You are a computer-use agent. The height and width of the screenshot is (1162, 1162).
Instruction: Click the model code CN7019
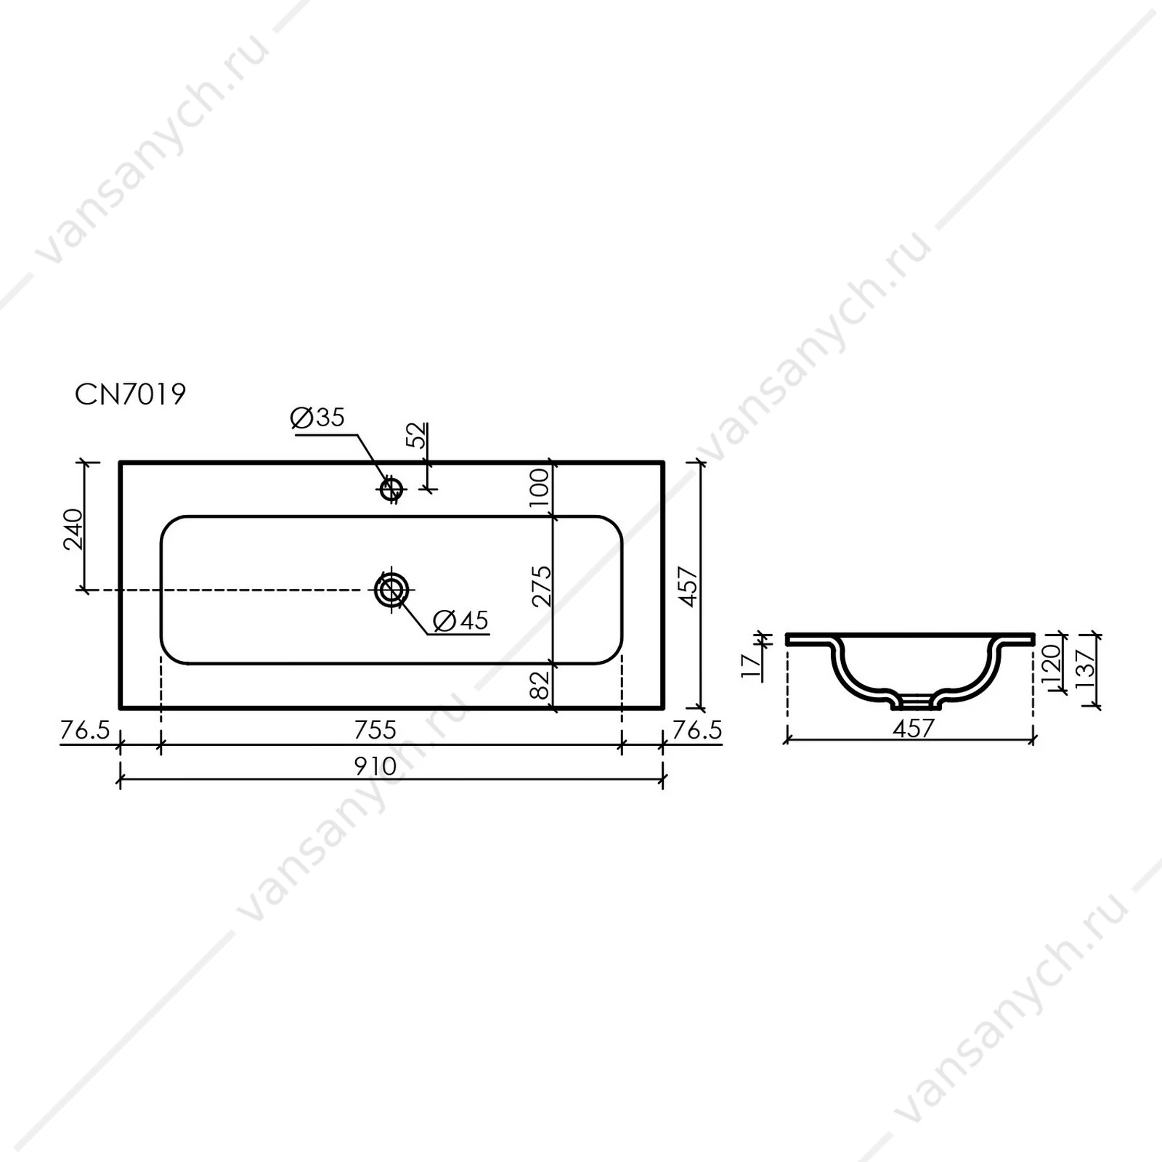coord(131,394)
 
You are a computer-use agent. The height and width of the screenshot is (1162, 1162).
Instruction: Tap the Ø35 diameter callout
coord(317,418)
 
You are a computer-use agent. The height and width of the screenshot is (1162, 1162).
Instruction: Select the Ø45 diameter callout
coord(460,620)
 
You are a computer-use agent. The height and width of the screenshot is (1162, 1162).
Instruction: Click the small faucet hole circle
coord(391,489)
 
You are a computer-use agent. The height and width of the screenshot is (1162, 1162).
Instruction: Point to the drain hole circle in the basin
coord(391,589)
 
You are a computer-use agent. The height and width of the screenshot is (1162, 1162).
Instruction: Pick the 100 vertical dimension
coord(540,488)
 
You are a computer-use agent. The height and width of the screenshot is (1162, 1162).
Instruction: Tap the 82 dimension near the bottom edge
coord(540,684)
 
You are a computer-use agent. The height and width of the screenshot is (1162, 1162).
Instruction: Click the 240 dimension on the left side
coord(73,529)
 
